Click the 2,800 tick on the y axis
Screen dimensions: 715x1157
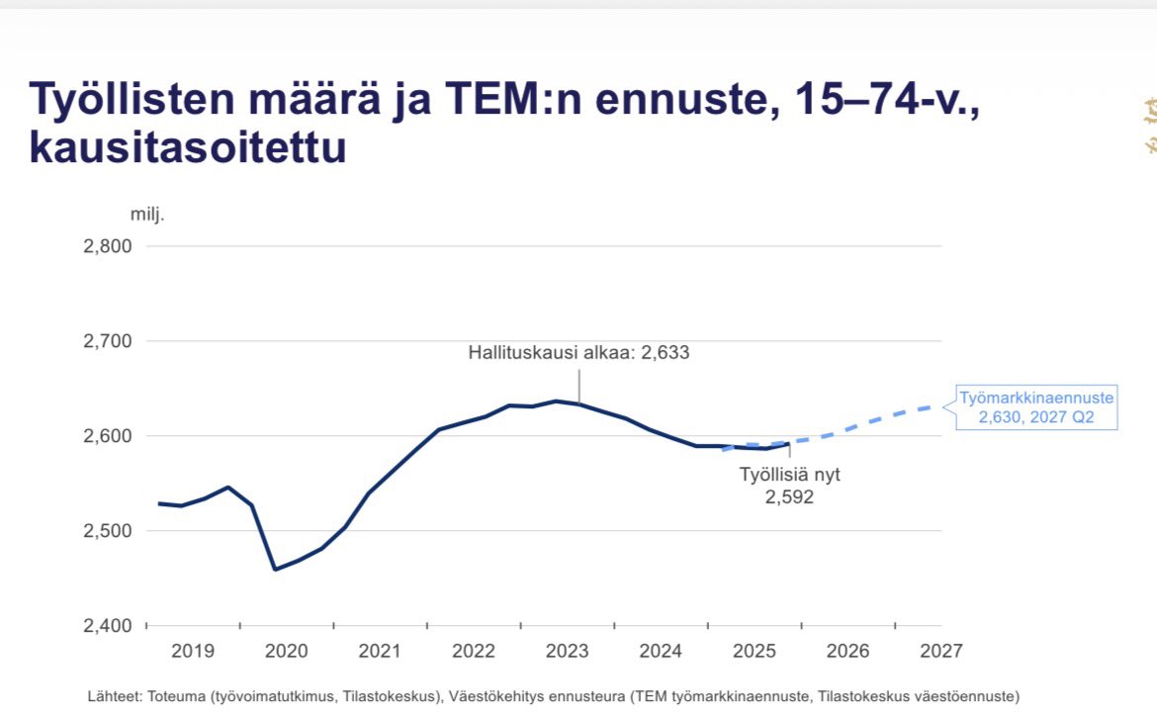coord(109,246)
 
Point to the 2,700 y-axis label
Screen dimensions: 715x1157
coord(109,341)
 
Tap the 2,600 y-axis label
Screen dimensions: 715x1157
coord(109,436)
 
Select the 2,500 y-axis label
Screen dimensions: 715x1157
coord(109,531)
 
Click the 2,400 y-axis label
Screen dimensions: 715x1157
coord(109,626)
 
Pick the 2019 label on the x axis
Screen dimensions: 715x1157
coord(193,652)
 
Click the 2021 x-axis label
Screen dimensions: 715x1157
coord(380,652)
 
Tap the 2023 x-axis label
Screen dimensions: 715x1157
coord(568,652)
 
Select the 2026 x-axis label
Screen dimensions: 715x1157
coord(847,652)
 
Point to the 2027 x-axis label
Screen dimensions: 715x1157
coord(940,652)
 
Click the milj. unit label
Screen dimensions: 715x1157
coord(147,215)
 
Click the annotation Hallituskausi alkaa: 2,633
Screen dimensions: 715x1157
coord(578,352)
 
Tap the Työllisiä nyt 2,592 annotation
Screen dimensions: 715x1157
coord(789,486)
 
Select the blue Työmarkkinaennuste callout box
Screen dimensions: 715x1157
coord(1036,408)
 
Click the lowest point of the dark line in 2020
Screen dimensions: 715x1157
coord(275,570)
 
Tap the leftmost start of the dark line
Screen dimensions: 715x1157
coord(159,503)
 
